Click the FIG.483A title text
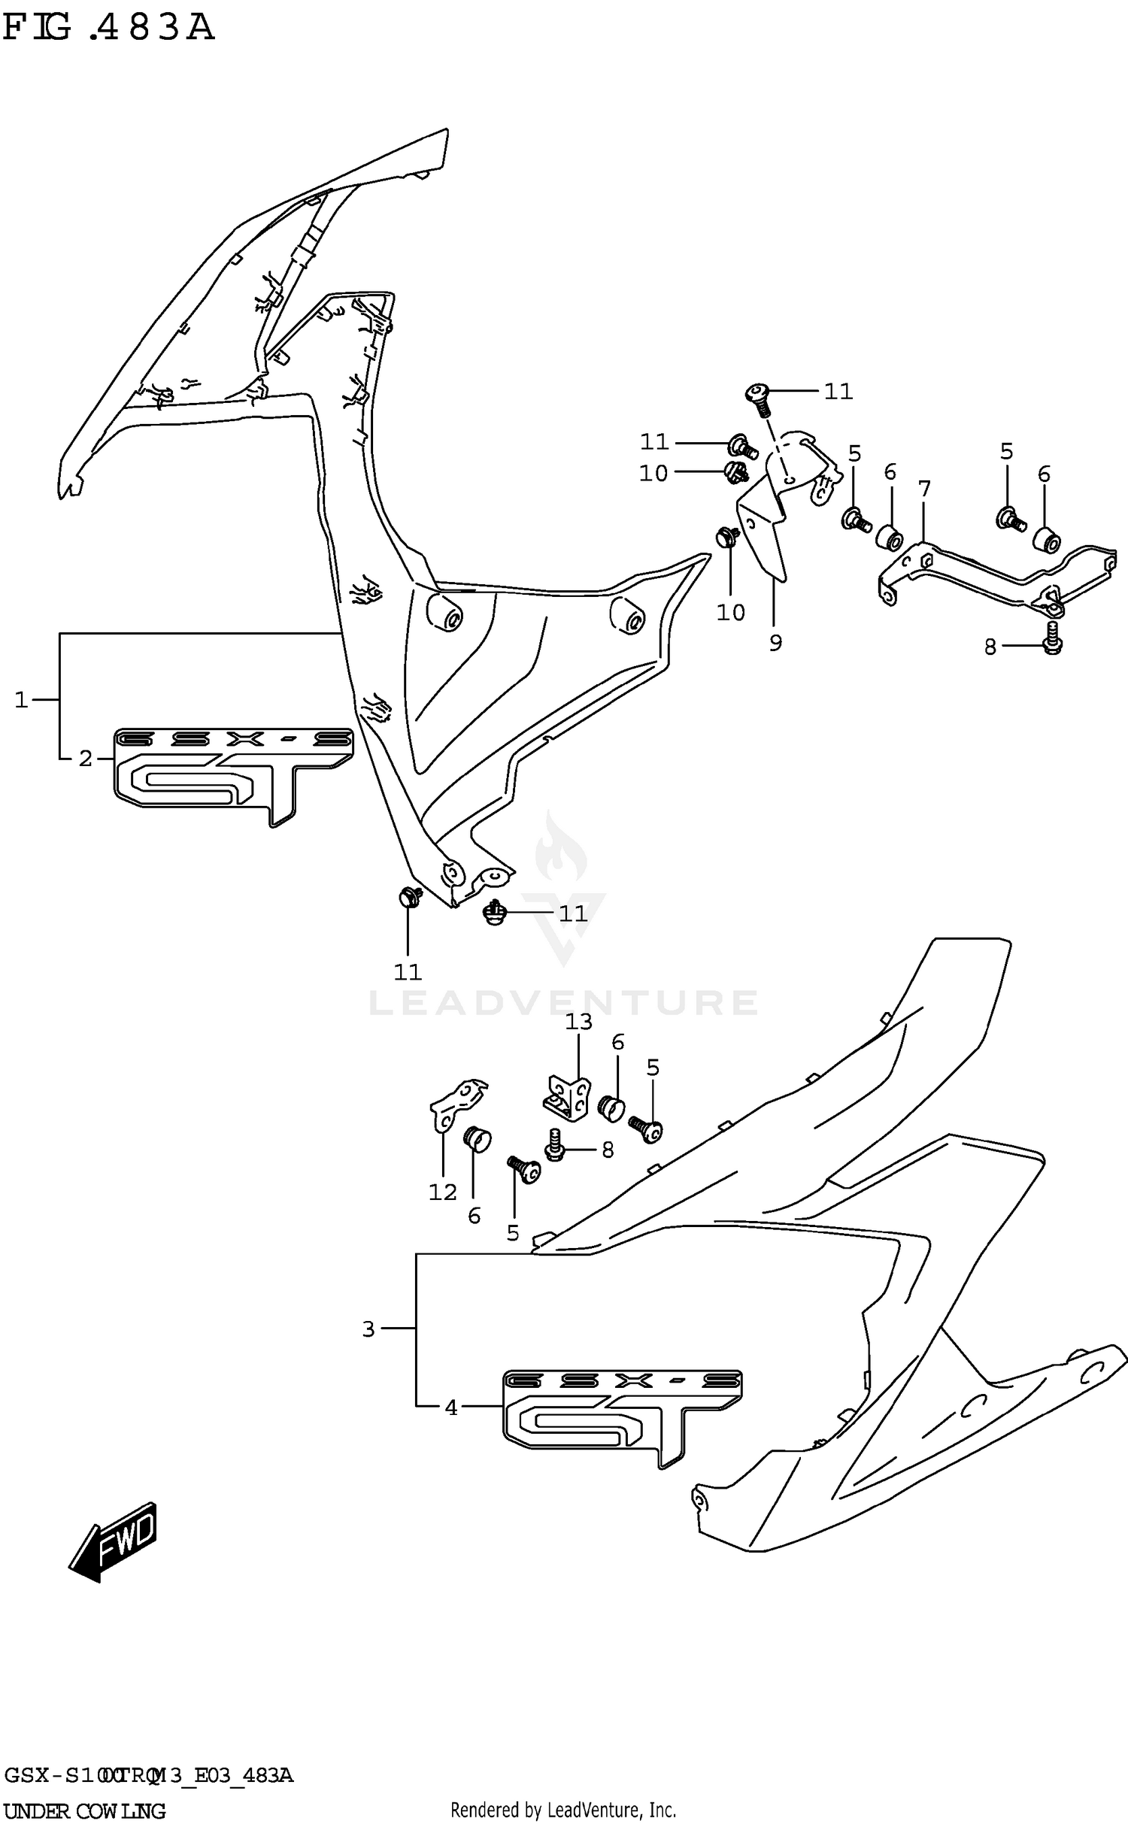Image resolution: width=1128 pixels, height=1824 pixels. click(109, 28)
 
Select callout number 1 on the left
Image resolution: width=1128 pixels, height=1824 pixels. click(21, 700)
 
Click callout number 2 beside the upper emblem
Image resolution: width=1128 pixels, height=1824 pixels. click(86, 759)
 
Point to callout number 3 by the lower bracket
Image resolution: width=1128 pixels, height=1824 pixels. click(368, 1329)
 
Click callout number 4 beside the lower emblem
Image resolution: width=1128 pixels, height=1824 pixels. click(451, 1407)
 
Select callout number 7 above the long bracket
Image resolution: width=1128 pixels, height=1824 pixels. click(924, 489)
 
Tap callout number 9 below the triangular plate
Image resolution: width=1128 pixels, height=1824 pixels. click(775, 642)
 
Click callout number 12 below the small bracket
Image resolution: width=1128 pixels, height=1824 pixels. click(443, 1192)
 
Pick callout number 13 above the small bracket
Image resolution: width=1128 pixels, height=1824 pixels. click(579, 1021)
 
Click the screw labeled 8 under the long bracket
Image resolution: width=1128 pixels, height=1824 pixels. click(1052, 638)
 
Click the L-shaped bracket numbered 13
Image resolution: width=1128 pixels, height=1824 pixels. click(569, 1096)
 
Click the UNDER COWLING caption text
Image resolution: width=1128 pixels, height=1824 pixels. click(84, 1810)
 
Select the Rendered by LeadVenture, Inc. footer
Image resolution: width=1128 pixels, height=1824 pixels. click(562, 1810)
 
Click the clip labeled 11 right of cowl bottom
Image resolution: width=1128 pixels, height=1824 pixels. click(494, 913)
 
